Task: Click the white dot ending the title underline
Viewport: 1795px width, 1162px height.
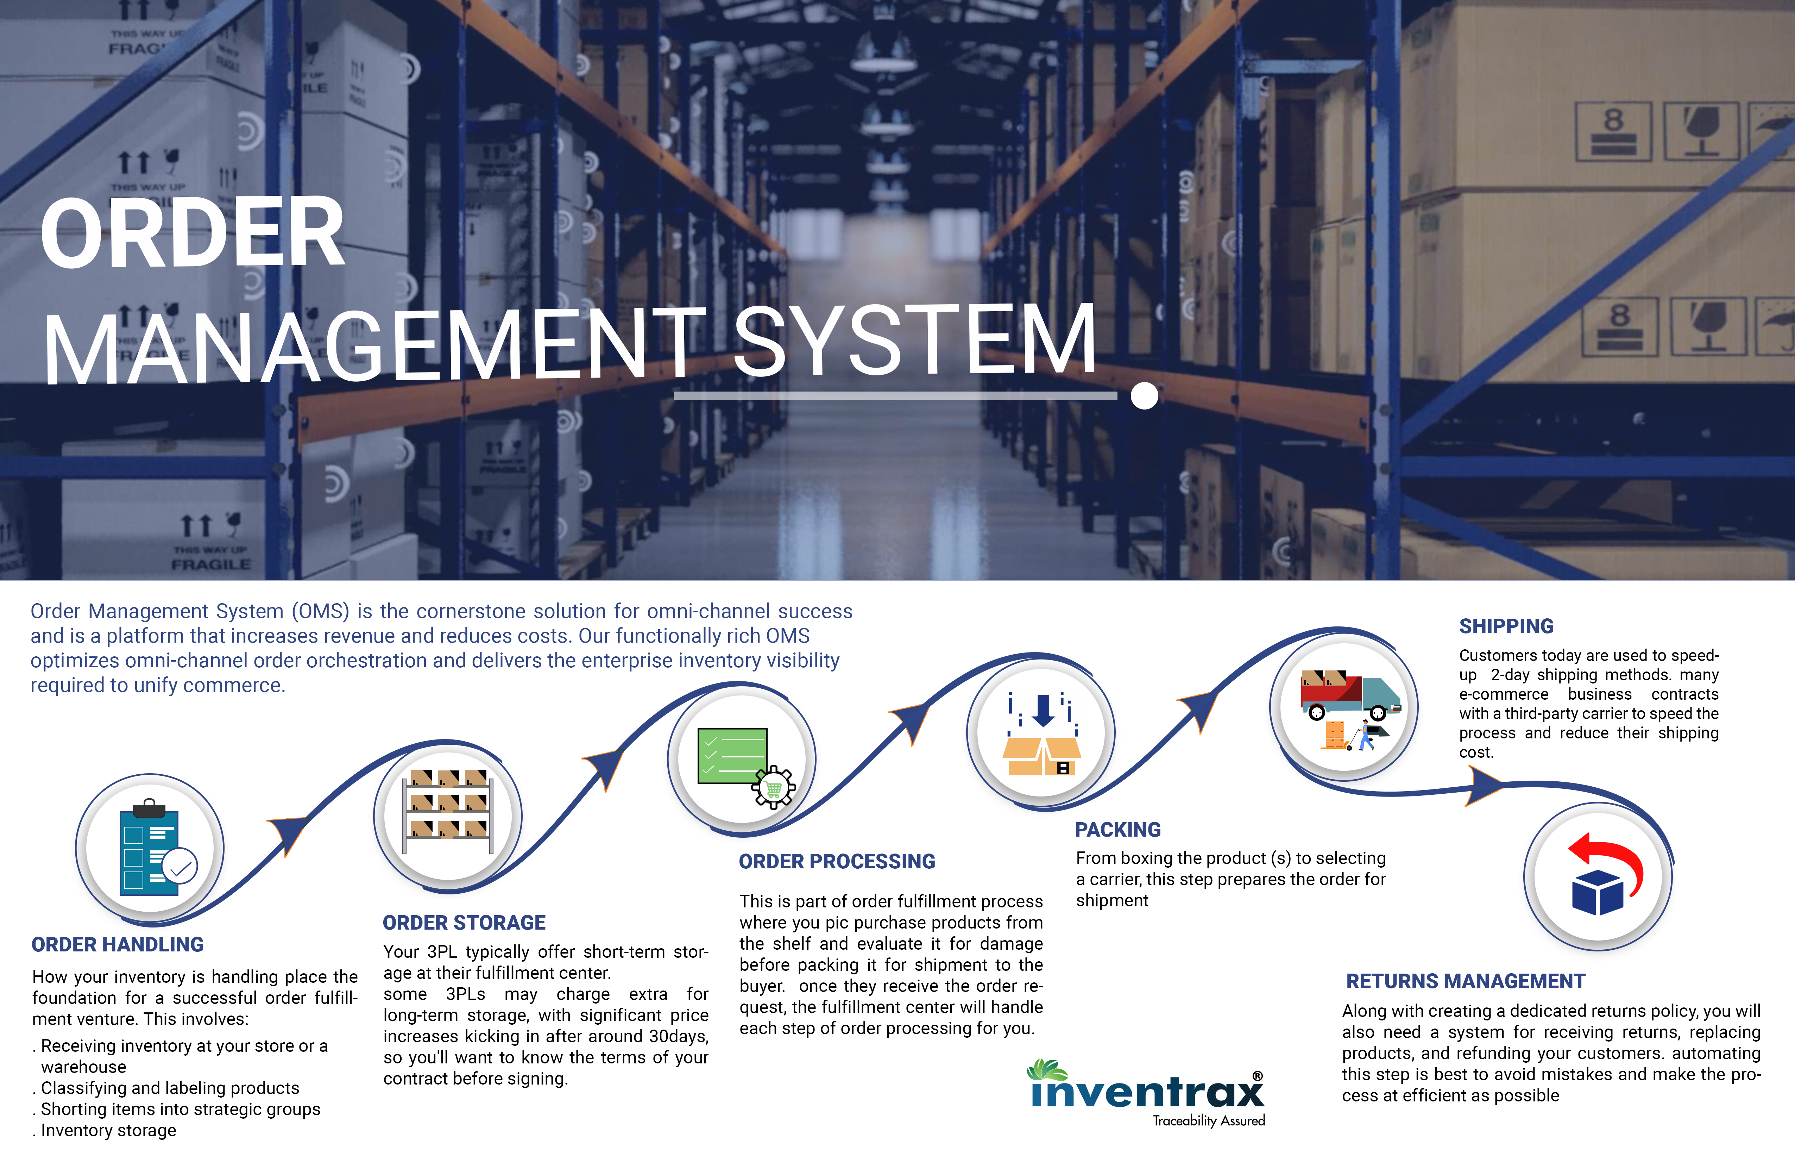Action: pyautogui.click(x=1144, y=395)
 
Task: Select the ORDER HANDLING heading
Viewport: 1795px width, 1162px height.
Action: pyautogui.click(x=118, y=945)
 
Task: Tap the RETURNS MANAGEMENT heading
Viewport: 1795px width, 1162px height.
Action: pyautogui.click(x=1466, y=981)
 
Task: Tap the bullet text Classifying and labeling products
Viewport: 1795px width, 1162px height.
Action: pyautogui.click(x=170, y=1088)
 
